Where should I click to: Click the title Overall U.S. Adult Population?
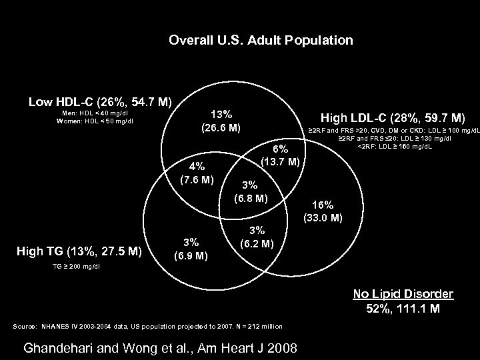pyautogui.click(x=261, y=41)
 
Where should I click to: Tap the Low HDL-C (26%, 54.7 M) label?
pyautogui.click(x=100, y=103)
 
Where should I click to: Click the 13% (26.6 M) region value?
pyautogui.click(x=221, y=121)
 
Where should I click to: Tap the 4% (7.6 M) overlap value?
pyautogui.click(x=197, y=173)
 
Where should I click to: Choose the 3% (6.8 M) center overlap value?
pyautogui.click(x=250, y=191)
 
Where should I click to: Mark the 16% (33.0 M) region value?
pyautogui.click(x=323, y=211)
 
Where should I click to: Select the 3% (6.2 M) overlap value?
pyautogui.click(x=257, y=237)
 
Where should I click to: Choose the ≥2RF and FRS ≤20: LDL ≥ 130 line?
pyautogui.click(x=395, y=138)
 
